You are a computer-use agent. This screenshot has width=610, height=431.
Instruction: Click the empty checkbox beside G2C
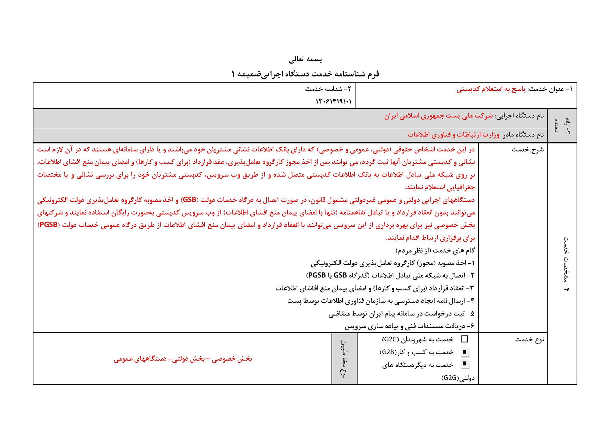pyautogui.click(x=465, y=339)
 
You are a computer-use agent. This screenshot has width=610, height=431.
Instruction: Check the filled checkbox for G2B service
pyautogui.click(x=465, y=352)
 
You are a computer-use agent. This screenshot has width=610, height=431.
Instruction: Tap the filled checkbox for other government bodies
pyautogui.click(x=465, y=364)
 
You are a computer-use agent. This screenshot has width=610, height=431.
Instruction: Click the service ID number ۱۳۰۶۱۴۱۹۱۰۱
pyautogui.click(x=333, y=101)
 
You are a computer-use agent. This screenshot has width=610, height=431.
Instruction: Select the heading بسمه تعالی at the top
pyautogui.click(x=305, y=59)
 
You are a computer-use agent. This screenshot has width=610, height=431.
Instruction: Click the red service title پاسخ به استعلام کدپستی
pyautogui.click(x=491, y=89)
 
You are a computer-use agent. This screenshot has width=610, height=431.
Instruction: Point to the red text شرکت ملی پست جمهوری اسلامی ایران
pyautogui.click(x=438, y=116)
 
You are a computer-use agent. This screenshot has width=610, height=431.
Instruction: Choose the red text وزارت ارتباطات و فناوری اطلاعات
pyautogui.click(x=453, y=134)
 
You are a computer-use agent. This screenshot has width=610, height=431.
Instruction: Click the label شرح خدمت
pyautogui.click(x=528, y=149)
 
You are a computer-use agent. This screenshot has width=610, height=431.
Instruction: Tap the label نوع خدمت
pyautogui.click(x=530, y=339)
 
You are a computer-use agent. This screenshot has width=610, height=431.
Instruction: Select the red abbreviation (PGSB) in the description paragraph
pyautogui.click(x=48, y=225)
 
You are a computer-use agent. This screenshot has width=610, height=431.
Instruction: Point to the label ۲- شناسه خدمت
pyautogui.click(x=328, y=89)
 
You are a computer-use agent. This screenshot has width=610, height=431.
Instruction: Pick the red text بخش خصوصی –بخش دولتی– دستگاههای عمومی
pyautogui.click(x=183, y=359)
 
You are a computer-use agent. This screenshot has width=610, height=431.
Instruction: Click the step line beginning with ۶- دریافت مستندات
pyautogui.click(x=410, y=326)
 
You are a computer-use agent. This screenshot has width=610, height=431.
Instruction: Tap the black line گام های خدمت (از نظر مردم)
pyautogui.click(x=435, y=251)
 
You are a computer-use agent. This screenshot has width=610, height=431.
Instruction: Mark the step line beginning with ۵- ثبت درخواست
pyautogui.click(x=402, y=314)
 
